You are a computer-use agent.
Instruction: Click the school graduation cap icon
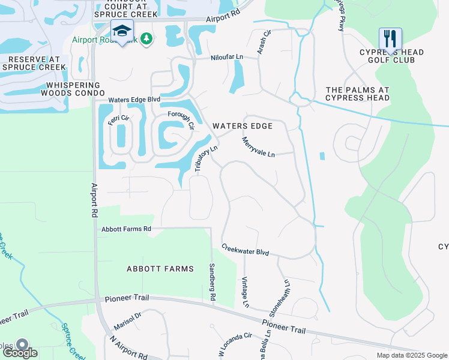[x=122, y=31]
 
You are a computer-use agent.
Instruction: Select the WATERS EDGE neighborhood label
[x=243, y=126]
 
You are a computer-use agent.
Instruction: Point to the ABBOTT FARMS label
[x=160, y=269]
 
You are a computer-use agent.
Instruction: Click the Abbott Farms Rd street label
[x=126, y=229]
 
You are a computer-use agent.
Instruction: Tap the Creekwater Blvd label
[x=245, y=250]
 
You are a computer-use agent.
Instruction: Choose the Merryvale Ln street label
[x=258, y=147]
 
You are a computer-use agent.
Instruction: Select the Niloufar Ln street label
[x=227, y=57]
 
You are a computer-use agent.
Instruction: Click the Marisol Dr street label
[x=127, y=322]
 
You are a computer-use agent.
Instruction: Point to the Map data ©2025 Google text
[x=411, y=355]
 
